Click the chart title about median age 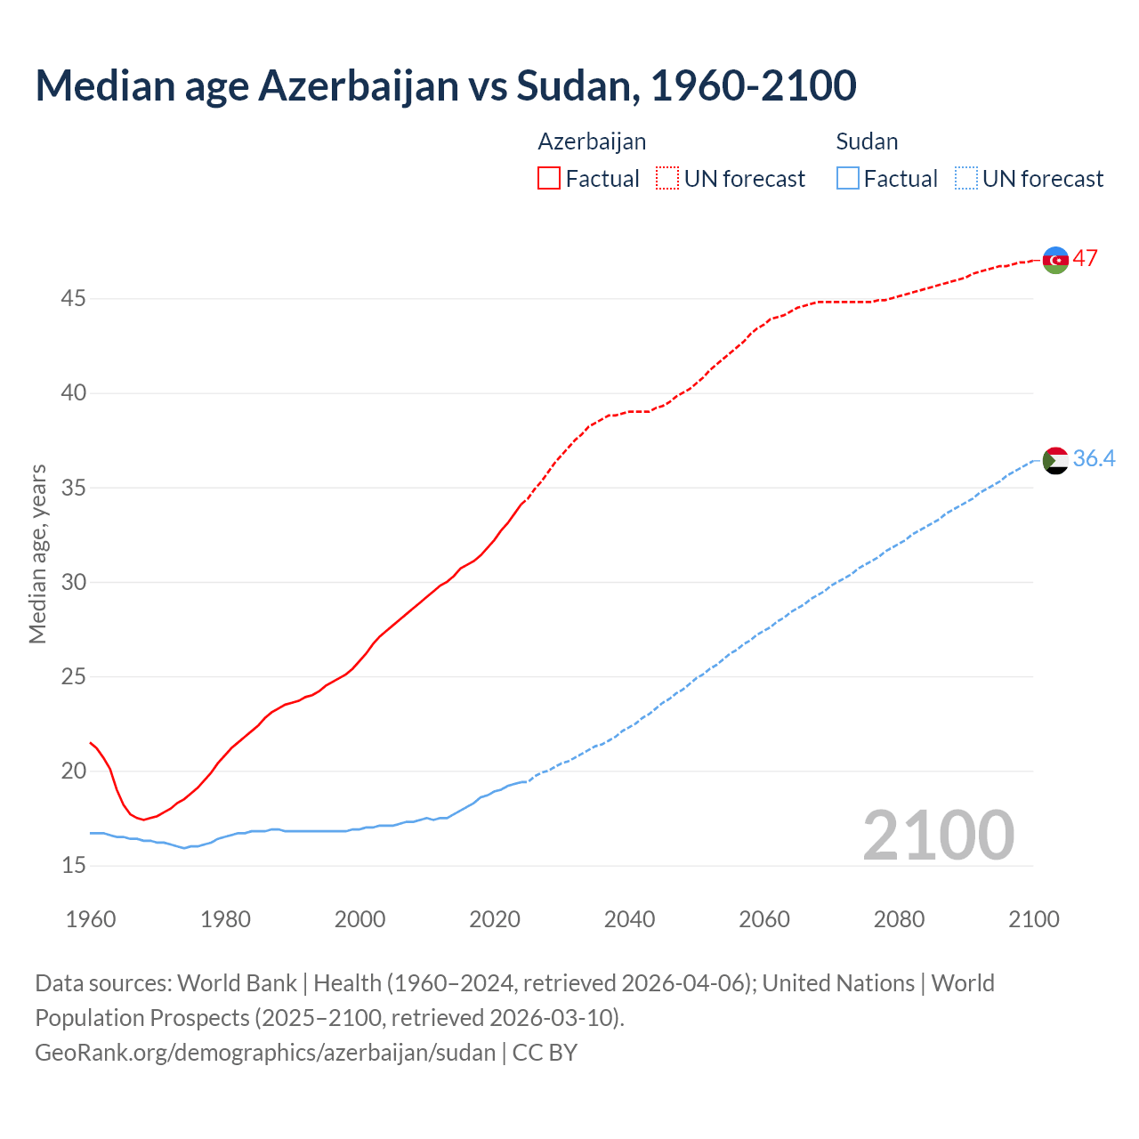point(445,85)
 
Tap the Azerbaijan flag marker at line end point(1055,260)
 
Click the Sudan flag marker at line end point(1055,460)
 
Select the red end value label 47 point(1085,259)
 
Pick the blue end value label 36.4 point(1094,459)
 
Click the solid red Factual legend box point(549,179)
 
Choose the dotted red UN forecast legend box point(667,179)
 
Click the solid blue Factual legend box point(848,179)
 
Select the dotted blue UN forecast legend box point(965,179)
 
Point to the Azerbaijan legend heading point(592,141)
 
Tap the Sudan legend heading point(867,141)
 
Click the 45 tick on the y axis point(73,299)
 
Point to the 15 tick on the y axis point(73,866)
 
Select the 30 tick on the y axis point(73,582)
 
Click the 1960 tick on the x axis point(91,919)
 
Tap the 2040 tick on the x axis point(629,919)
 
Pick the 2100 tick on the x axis point(1033,919)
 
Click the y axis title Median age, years point(37,553)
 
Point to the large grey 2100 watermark point(938,836)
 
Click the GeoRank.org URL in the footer point(265,1053)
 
